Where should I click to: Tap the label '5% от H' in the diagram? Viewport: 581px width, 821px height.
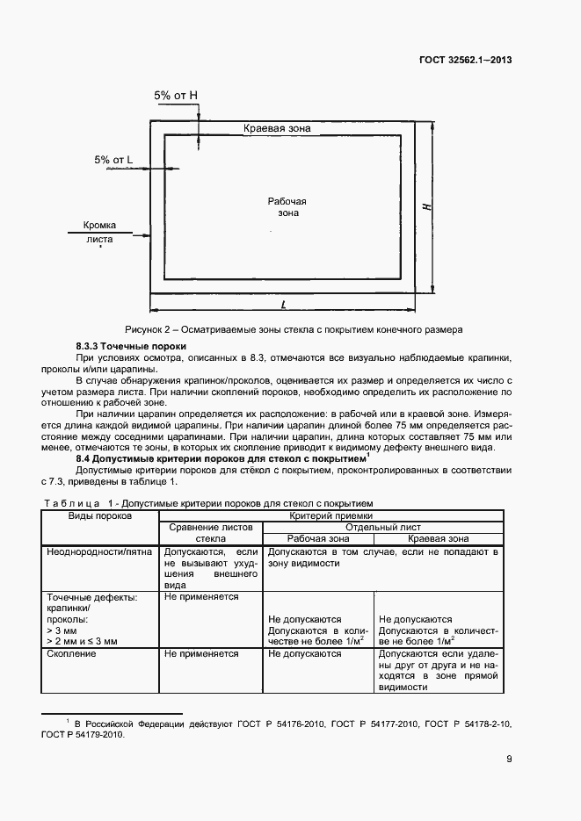[x=176, y=95]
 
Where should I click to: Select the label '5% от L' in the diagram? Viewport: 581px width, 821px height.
[x=113, y=160]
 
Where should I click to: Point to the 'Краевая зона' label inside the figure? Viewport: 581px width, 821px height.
[x=277, y=128]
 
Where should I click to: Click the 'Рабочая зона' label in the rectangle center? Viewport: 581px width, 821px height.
[x=287, y=207]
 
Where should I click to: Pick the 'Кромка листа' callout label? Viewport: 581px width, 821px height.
[x=100, y=231]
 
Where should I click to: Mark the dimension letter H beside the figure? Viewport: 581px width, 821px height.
[x=425, y=207]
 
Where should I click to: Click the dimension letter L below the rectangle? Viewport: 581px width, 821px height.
[x=284, y=305]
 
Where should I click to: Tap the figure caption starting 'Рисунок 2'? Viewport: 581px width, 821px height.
[x=294, y=329]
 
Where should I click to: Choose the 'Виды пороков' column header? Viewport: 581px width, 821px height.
[x=100, y=516]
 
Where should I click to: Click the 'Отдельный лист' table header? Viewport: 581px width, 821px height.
[x=381, y=527]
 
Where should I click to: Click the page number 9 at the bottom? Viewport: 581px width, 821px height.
[x=509, y=760]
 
